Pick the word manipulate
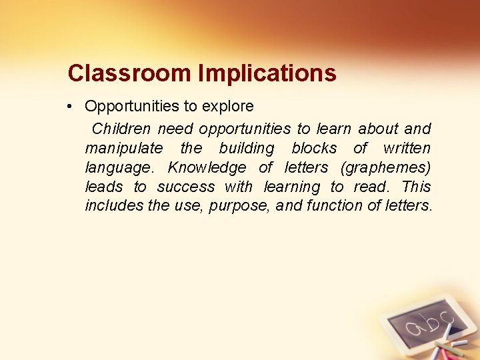123,148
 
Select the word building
246,148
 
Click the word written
407,148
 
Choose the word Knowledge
207,167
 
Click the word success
186,187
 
